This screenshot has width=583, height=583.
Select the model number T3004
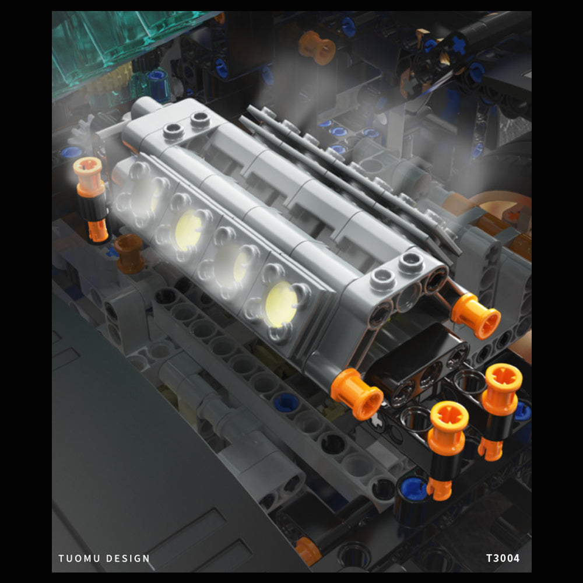click(x=503, y=558)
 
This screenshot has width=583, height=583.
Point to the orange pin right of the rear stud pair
click(x=475, y=315)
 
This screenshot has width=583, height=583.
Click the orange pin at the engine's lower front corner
click(x=357, y=393)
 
